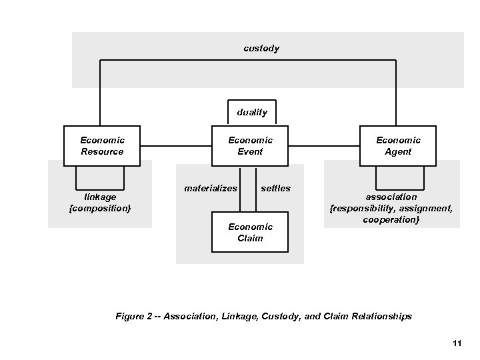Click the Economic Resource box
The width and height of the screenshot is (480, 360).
(x=102, y=145)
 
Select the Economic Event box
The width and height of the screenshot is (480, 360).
(x=250, y=145)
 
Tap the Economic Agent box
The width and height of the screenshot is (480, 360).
(x=398, y=145)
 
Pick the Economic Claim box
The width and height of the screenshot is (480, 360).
(x=250, y=232)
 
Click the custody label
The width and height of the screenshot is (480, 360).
(x=261, y=49)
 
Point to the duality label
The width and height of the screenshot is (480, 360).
(x=252, y=112)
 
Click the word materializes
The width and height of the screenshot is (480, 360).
(x=211, y=188)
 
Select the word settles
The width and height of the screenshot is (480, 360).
(x=275, y=188)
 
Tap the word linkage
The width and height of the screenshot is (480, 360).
(x=100, y=197)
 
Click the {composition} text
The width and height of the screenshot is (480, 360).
(x=100, y=208)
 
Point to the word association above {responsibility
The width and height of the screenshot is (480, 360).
(x=391, y=197)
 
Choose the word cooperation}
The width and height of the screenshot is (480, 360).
(x=391, y=219)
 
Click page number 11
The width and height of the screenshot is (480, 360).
(x=456, y=343)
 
